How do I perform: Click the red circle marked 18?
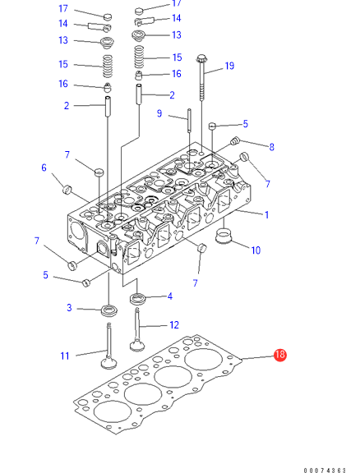tap(280, 355)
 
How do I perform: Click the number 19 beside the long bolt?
tap(229, 66)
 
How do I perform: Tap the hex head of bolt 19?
tap(201, 58)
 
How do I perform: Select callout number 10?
tap(256, 250)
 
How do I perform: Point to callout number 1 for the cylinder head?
tap(266, 215)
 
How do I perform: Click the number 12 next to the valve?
tap(174, 325)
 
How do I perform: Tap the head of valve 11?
tap(108, 363)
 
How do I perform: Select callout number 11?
tap(65, 356)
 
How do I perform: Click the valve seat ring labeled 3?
tap(108, 310)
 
